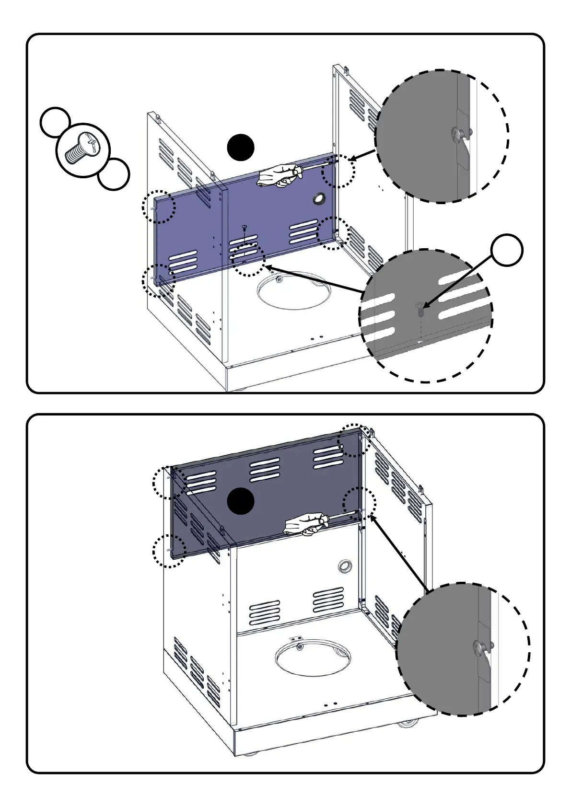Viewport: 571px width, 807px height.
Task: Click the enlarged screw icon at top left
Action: (83, 150)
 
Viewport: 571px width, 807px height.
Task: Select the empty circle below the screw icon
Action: (114, 174)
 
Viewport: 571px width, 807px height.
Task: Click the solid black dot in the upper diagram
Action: (241, 148)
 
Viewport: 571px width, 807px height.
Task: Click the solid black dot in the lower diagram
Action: (240, 501)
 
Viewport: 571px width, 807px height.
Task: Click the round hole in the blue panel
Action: (319, 199)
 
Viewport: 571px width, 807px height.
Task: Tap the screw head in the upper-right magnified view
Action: (458, 134)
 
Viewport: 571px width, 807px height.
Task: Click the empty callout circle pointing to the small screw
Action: (507, 250)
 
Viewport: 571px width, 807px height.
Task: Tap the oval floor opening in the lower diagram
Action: (313, 656)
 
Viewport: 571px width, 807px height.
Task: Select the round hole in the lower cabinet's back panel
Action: (344, 567)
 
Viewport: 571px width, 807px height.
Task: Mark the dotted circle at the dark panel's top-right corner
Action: (354, 440)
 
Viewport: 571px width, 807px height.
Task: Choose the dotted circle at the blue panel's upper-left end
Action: (159, 207)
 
